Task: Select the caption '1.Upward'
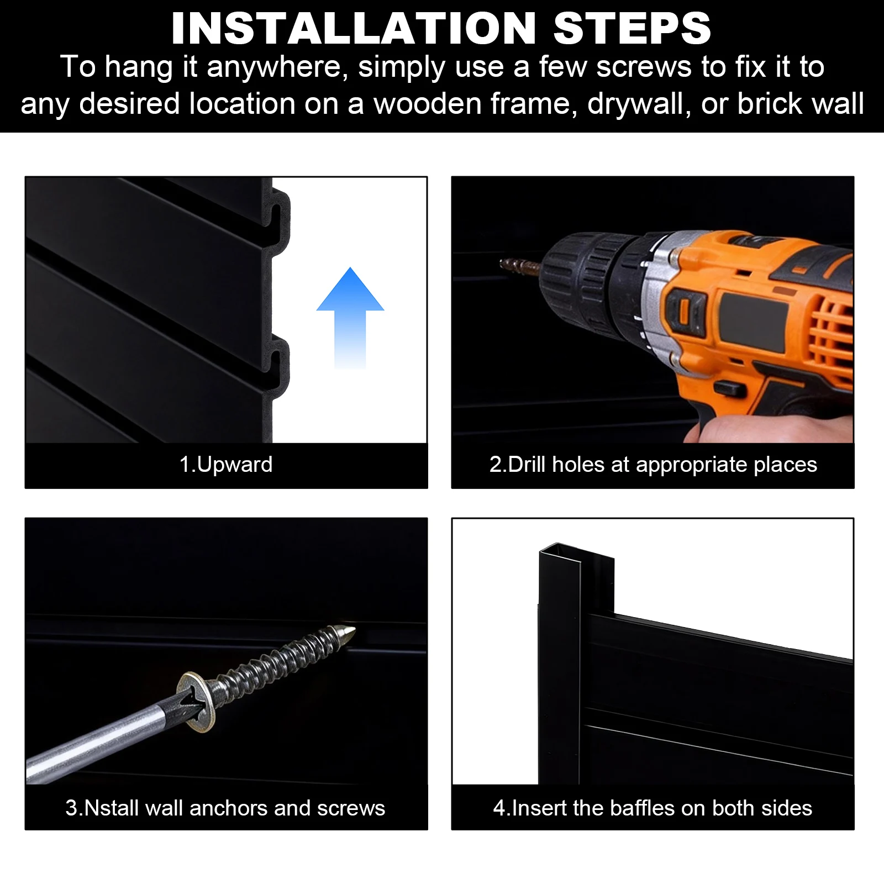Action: pyautogui.click(x=226, y=465)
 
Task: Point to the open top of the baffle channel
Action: pyautogui.click(x=576, y=552)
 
